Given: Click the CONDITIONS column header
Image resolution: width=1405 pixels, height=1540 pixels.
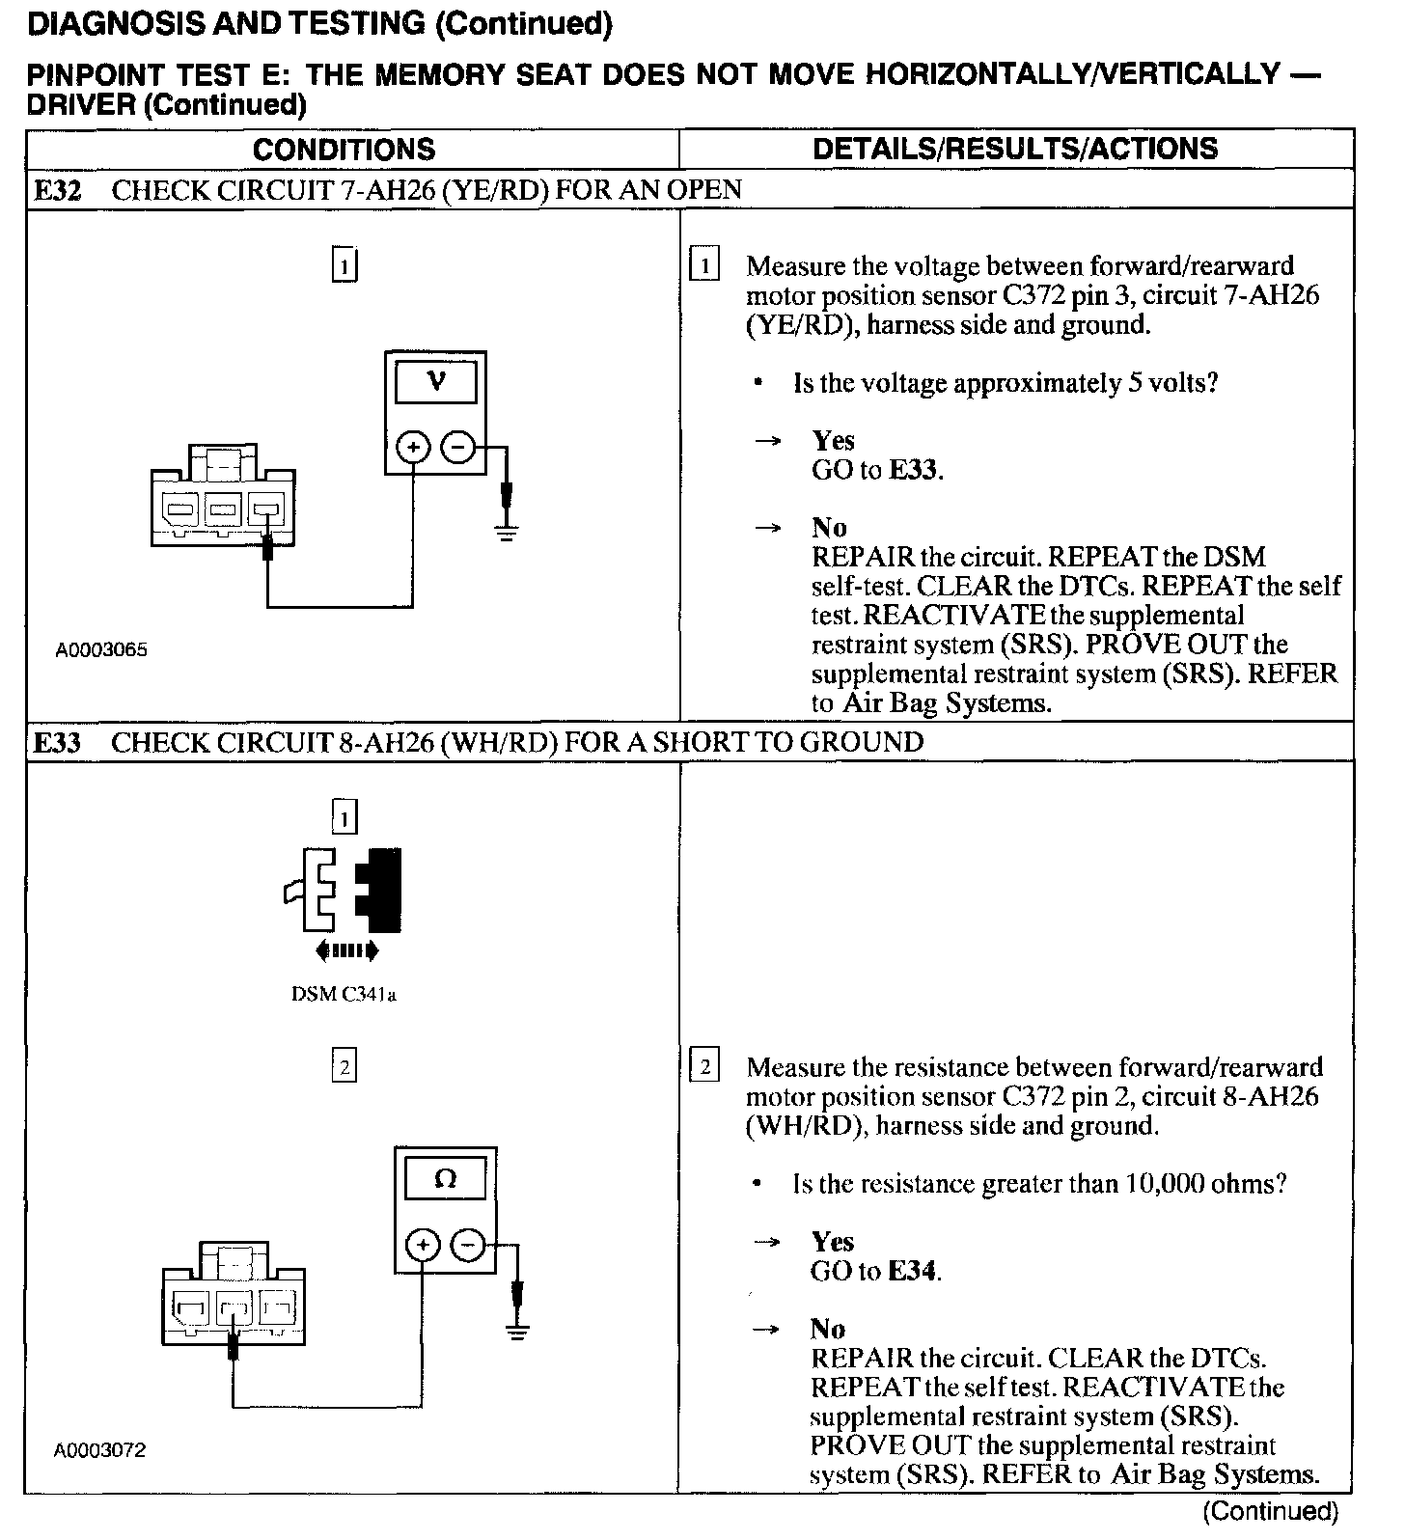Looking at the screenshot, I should click(344, 150).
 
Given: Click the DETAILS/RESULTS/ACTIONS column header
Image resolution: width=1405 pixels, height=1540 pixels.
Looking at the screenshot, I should click(1015, 149).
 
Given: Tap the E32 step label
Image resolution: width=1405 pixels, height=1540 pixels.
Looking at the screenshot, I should click(59, 190).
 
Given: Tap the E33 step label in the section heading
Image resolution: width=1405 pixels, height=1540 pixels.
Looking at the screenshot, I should click(59, 742).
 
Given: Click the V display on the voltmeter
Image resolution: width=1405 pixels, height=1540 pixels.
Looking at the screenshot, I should click(436, 382).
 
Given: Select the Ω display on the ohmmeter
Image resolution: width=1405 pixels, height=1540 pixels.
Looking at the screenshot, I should click(446, 1179).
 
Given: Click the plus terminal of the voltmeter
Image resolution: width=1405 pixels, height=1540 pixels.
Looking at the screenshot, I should click(413, 448).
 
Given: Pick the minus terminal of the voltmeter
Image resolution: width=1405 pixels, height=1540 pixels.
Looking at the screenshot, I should click(457, 448).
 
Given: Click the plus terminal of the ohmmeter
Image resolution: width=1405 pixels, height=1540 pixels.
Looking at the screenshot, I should click(423, 1246).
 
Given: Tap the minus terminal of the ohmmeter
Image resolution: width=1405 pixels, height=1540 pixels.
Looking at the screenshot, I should click(468, 1246).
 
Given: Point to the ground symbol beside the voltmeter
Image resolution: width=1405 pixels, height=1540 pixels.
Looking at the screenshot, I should click(507, 532).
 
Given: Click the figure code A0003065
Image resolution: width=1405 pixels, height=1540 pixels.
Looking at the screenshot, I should click(101, 650).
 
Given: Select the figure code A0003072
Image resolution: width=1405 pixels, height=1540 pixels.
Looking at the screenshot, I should click(100, 1450).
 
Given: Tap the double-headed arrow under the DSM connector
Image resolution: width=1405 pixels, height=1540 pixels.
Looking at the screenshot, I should click(347, 951).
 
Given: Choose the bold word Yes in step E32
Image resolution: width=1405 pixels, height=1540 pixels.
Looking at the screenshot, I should click(833, 441).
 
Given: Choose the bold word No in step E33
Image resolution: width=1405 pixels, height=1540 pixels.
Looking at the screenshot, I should click(828, 1329).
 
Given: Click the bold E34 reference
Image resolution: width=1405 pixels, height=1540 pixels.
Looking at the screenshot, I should click(912, 1271).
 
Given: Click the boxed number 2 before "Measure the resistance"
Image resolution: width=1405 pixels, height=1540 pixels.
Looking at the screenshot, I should click(704, 1066).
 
